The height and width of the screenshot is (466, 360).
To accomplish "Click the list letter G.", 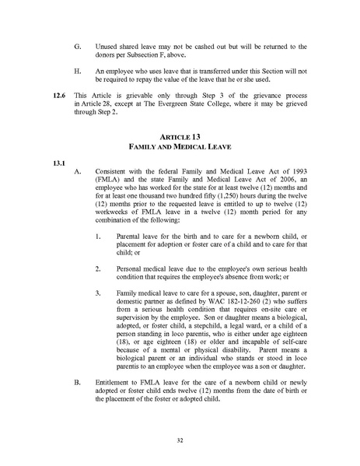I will click(x=77, y=47).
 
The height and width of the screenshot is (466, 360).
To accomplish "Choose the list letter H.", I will click(x=77, y=72).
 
